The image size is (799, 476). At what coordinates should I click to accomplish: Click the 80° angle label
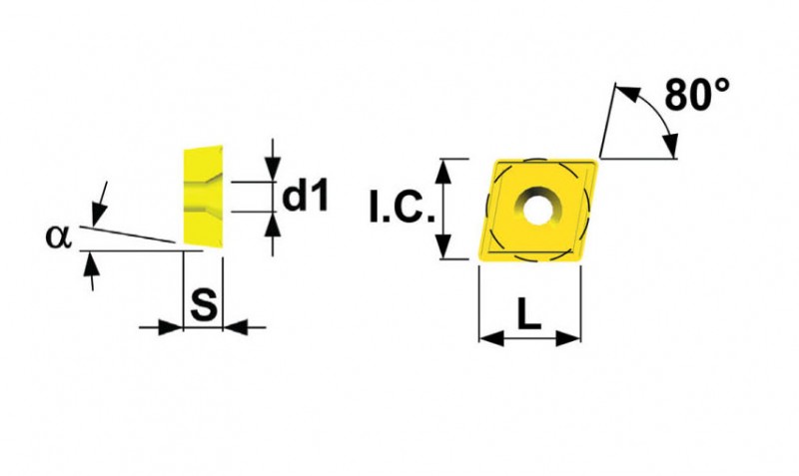coord(697,95)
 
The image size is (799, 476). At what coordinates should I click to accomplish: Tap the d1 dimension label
coord(306,196)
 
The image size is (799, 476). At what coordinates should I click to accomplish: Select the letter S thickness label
coord(204,304)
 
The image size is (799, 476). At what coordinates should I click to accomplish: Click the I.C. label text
coord(401,208)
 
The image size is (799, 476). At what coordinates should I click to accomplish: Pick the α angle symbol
coord(59,237)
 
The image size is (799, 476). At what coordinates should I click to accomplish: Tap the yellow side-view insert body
coord(203,196)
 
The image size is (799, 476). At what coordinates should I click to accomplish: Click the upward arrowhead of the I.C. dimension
coord(444,171)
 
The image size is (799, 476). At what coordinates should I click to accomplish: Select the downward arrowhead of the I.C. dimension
coord(444,246)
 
